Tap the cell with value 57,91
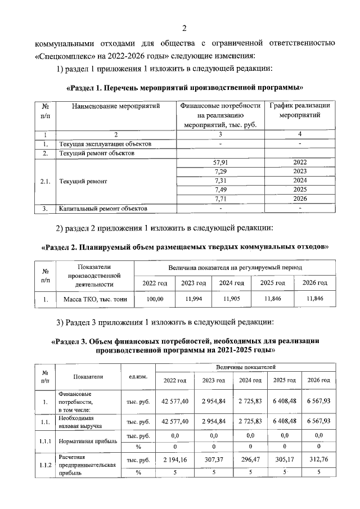(x=220, y=162)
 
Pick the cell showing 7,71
(x=220, y=199)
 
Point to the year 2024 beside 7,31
(x=300, y=181)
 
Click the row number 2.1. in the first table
(x=46, y=181)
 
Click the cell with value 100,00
(x=155, y=300)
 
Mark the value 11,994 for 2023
(x=193, y=300)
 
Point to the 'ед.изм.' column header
(x=138, y=377)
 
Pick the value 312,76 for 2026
(x=318, y=460)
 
